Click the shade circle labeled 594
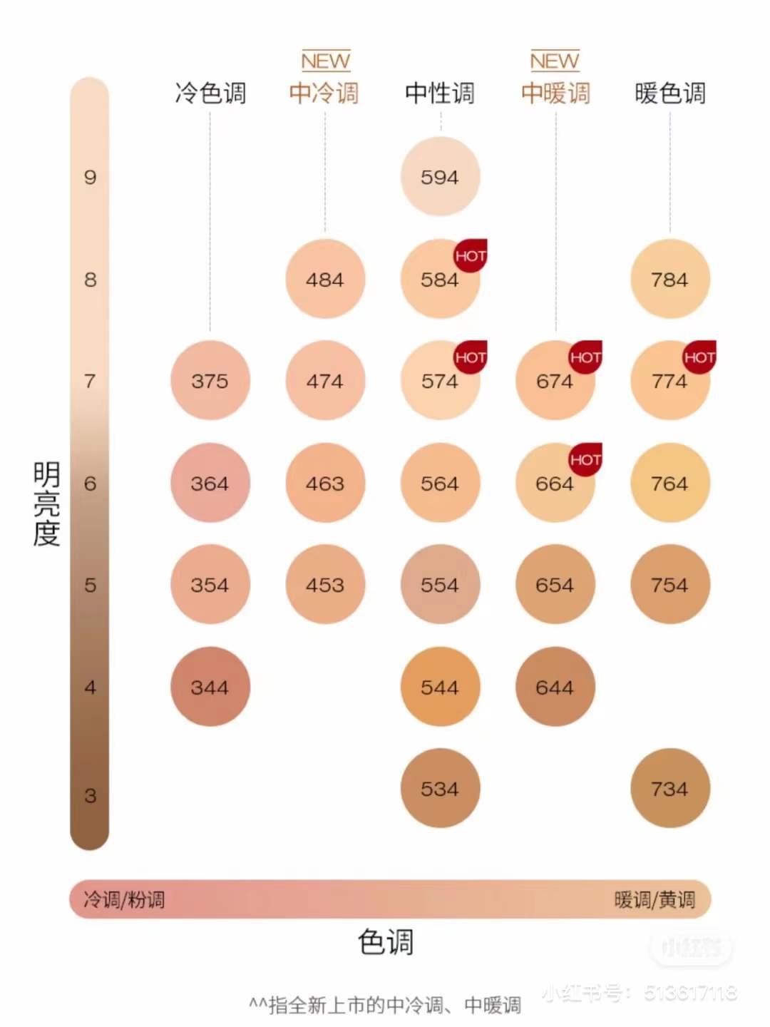tap(440, 177)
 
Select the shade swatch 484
tap(325, 279)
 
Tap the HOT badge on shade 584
tap(471, 255)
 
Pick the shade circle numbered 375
tap(210, 381)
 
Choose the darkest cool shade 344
tap(210, 687)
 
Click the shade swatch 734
tap(669, 788)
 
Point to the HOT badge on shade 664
tap(585, 459)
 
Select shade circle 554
tap(440, 585)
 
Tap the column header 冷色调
tap(210, 93)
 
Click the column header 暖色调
tap(670, 93)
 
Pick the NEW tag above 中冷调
tap(325, 61)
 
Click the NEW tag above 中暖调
tap(555, 61)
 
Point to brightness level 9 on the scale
tap(90, 177)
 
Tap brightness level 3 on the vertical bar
tap(90, 795)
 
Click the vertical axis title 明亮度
tap(47, 504)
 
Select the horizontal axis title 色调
tap(386, 942)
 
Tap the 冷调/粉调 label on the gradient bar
tap(124, 899)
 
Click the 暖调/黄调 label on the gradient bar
tap(654, 899)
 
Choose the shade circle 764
tap(669, 483)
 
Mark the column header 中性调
tap(440, 93)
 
